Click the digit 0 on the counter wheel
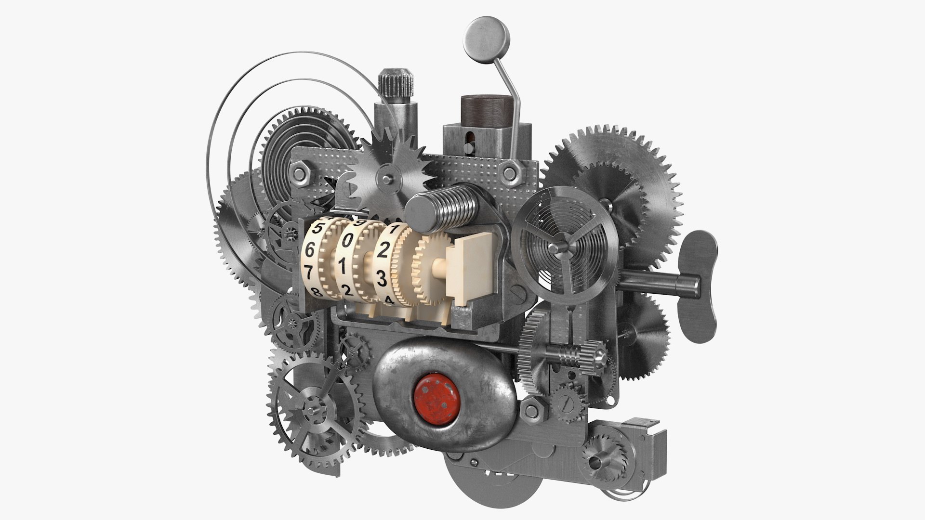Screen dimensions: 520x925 346,242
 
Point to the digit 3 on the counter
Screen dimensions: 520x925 381,278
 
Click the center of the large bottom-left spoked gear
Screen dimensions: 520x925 311,413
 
